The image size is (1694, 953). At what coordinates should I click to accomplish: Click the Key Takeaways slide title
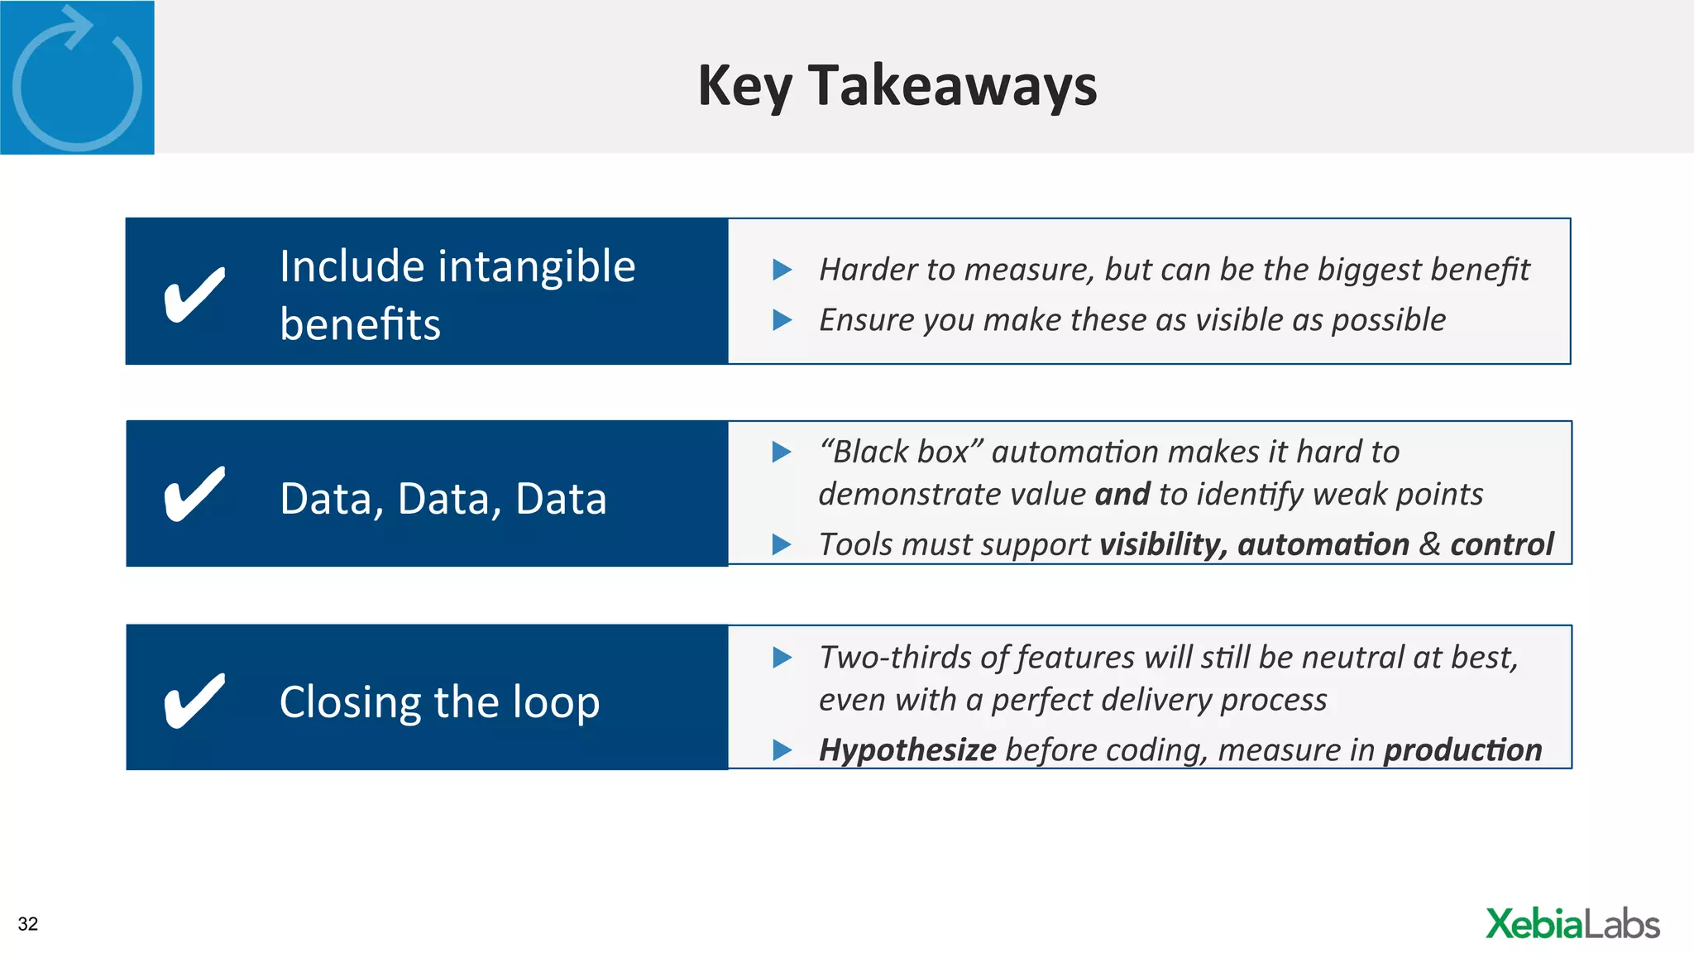click(x=897, y=85)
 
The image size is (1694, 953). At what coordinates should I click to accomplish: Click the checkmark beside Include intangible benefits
click(x=194, y=294)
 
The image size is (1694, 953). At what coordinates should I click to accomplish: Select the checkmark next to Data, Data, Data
click(x=194, y=494)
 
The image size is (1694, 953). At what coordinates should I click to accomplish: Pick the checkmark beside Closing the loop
click(x=194, y=700)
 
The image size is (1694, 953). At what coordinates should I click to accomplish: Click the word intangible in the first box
click(x=536, y=266)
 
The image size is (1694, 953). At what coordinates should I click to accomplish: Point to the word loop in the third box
click(x=556, y=702)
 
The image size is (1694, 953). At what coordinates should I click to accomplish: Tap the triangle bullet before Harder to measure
click(x=782, y=270)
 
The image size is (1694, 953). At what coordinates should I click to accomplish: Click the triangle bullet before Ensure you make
click(x=782, y=320)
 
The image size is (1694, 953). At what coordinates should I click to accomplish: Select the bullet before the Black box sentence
click(x=782, y=452)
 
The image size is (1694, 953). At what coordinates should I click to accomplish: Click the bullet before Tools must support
click(x=782, y=544)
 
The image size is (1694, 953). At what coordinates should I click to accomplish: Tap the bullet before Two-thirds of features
click(x=782, y=658)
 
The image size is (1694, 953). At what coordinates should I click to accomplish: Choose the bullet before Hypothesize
click(x=782, y=750)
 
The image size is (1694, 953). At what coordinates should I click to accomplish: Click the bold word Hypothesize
click(x=907, y=750)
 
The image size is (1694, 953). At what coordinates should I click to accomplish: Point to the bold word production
click(x=1462, y=750)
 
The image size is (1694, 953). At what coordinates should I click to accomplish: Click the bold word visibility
click(x=1162, y=544)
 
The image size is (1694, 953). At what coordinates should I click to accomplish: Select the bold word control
click(x=1501, y=544)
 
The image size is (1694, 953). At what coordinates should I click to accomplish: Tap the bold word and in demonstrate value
click(x=1122, y=495)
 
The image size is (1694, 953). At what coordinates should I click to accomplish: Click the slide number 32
click(x=28, y=924)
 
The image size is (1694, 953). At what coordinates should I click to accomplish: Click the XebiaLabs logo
click(x=1572, y=924)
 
